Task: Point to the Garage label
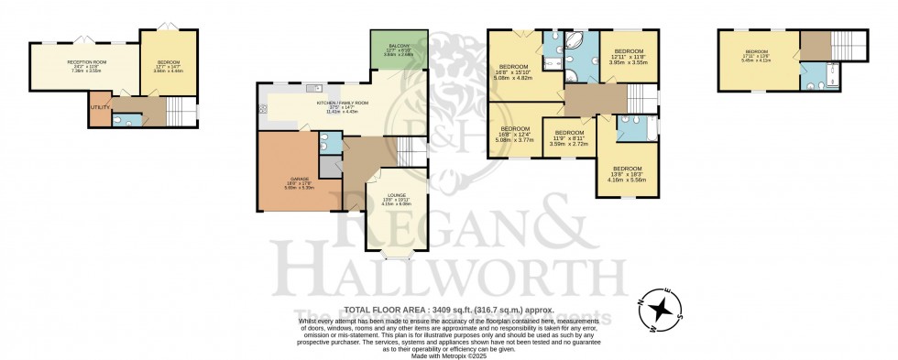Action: [300, 180]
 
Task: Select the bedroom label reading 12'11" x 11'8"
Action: [630, 55]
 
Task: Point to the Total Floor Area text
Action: [448, 311]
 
